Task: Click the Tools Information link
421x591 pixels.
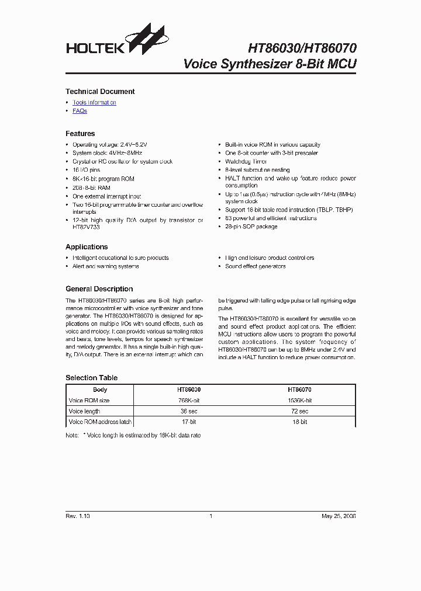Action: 94,103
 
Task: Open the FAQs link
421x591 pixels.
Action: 80,111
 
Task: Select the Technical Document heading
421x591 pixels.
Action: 100,92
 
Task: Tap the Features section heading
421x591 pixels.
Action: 80,134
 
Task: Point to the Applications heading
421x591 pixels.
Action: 87,247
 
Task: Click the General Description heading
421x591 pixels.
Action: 99,289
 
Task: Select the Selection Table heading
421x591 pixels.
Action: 91,378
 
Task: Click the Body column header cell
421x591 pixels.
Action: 100,390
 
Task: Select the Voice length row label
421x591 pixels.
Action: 84,411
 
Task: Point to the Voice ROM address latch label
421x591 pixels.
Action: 100,422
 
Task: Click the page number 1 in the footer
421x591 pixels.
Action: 210,516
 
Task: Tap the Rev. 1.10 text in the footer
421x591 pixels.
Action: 78,516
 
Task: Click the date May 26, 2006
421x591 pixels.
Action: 339,516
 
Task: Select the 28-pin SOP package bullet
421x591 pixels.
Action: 251,227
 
